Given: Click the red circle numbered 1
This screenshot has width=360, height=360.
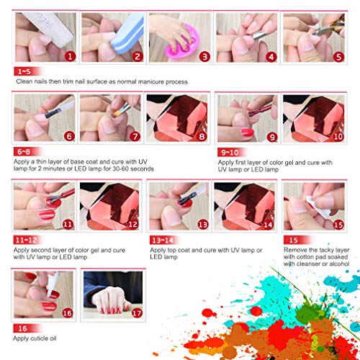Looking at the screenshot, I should click(69, 55).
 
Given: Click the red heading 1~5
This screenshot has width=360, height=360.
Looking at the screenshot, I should click(22, 71).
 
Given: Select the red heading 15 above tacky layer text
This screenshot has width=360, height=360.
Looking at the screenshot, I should click(292, 238).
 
